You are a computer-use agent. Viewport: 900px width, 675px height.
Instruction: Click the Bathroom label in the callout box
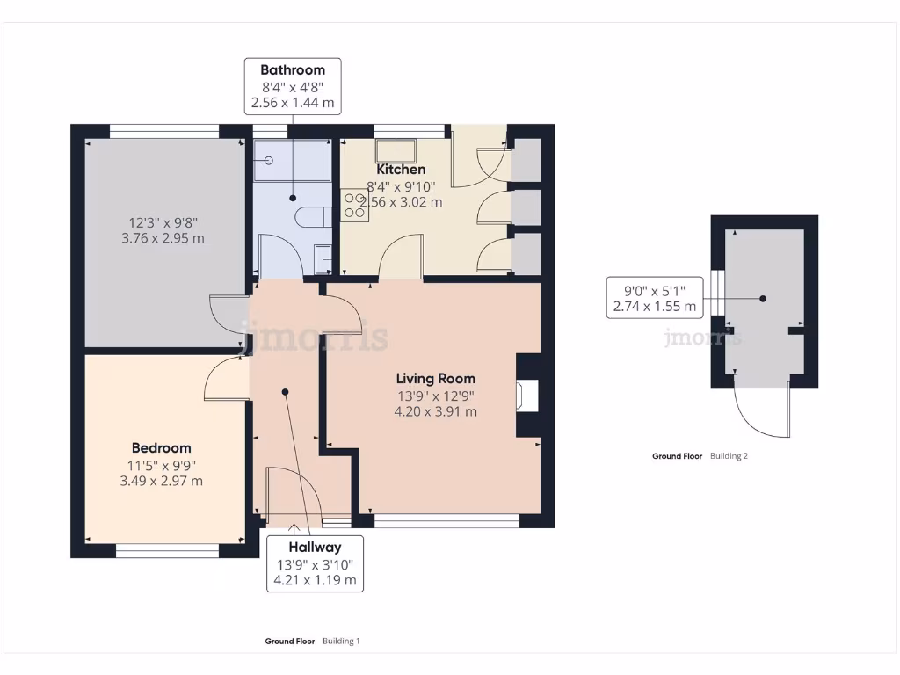[293, 70]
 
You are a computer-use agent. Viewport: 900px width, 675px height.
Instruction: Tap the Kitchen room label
[401, 170]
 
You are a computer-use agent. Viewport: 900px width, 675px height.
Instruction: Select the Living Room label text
[436, 378]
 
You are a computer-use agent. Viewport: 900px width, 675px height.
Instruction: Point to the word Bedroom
[162, 447]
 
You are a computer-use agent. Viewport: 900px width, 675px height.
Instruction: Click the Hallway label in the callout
[316, 547]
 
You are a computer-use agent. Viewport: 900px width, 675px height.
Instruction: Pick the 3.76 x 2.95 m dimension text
[163, 238]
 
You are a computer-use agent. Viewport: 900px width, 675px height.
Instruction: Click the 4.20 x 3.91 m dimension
[436, 411]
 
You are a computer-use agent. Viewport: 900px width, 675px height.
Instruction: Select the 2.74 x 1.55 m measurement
[654, 307]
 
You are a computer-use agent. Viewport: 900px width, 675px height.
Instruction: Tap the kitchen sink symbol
[396, 150]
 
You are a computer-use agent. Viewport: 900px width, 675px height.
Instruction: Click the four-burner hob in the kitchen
[354, 206]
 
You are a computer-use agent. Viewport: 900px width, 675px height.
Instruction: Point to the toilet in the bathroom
[314, 218]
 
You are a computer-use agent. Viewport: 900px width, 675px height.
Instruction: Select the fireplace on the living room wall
[528, 396]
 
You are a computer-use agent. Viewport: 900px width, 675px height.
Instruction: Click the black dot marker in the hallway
[286, 392]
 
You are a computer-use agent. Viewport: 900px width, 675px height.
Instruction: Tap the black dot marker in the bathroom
[293, 198]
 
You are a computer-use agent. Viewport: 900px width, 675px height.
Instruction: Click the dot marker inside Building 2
[763, 299]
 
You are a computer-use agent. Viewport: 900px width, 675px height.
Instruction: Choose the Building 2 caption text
[729, 456]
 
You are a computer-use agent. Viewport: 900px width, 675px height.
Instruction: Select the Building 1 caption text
[341, 641]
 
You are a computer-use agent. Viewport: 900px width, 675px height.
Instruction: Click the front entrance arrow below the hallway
[294, 528]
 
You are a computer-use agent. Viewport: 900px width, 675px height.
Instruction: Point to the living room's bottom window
[446, 521]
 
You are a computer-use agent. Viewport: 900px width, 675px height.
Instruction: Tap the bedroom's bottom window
[168, 551]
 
